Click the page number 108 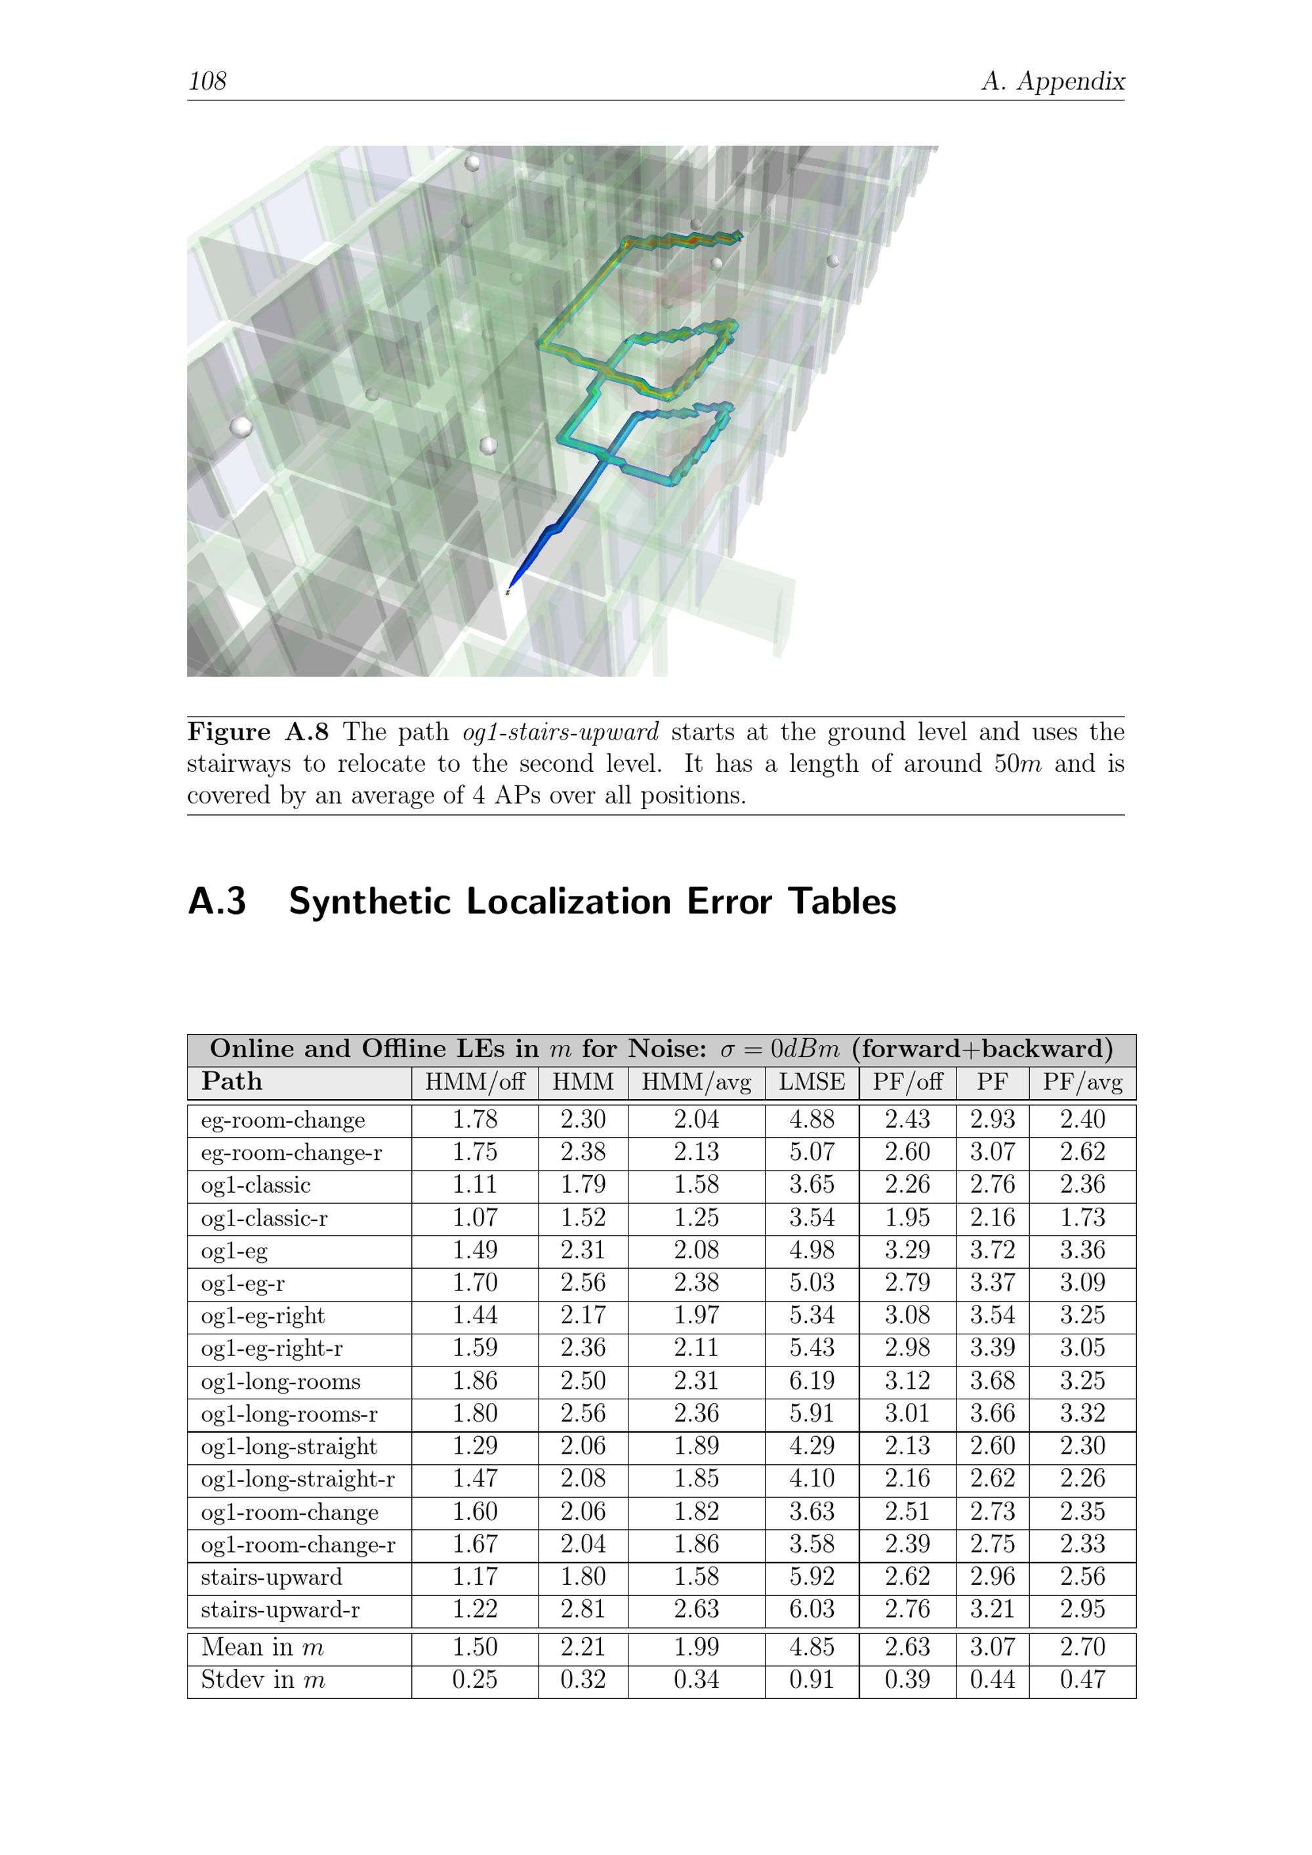(207, 81)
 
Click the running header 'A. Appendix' (1052, 81)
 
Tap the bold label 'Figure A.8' (257, 732)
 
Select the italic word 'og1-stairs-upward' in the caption (560, 732)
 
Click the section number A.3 (216, 902)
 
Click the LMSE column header (811, 1082)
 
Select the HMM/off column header (474, 1082)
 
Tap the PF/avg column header (1082, 1082)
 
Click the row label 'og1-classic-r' (264, 1218)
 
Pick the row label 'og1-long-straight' (289, 1446)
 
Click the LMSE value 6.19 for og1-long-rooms (811, 1381)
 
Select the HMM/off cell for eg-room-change (474, 1120)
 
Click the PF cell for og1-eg (992, 1250)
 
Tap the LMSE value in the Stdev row (811, 1680)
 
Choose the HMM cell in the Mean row (582, 1646)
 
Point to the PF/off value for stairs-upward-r (907, 1608)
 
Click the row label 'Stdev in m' (262, 1680)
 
